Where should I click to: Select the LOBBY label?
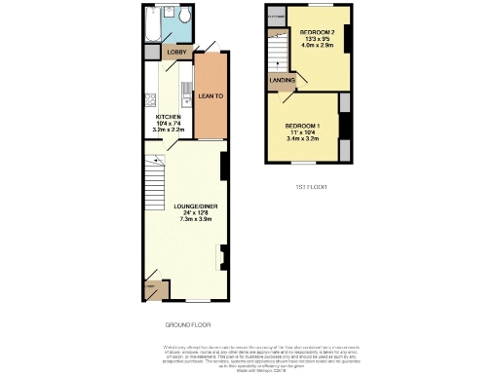click(176, 52)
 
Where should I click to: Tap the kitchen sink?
click(186, 95)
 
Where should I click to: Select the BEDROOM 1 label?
click(304, 125)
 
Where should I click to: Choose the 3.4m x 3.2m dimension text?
click(304, 138)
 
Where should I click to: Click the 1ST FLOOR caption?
click(310, 187)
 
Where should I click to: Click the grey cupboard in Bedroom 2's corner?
click(277, 17)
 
